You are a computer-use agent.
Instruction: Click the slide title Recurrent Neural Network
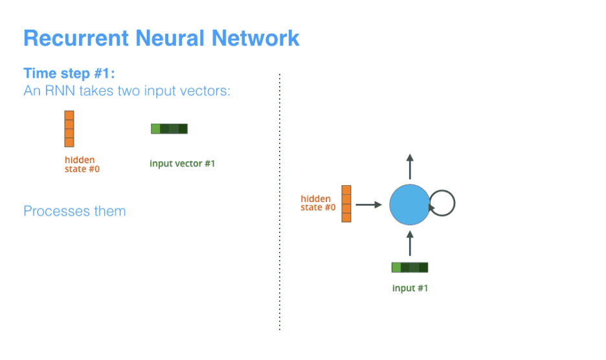(x=161, y=38)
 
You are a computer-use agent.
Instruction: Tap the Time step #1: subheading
(x=69, y=73)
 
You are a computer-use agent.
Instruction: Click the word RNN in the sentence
(x=62, y=91)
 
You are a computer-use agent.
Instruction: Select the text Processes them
(x=74, y=211)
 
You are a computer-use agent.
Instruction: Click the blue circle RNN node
(x=409, y=204)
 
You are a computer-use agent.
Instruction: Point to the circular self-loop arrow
(x=443, y=203)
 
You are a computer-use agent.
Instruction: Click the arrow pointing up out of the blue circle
(x=409, y=166)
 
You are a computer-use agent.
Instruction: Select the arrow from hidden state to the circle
(x=369, y=205)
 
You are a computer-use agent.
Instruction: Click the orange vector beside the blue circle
(x=346, y=204)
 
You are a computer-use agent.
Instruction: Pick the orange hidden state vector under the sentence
(x=69, y=129)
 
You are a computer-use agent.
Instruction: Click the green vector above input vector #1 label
(x=169, y=129)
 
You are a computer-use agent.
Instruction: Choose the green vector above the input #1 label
(x=410, y=267)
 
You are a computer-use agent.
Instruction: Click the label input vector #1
(x=182, y=164)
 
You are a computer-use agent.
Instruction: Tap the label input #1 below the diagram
(x=410, y=288)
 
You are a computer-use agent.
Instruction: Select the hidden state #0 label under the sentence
(x=82, y=164)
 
